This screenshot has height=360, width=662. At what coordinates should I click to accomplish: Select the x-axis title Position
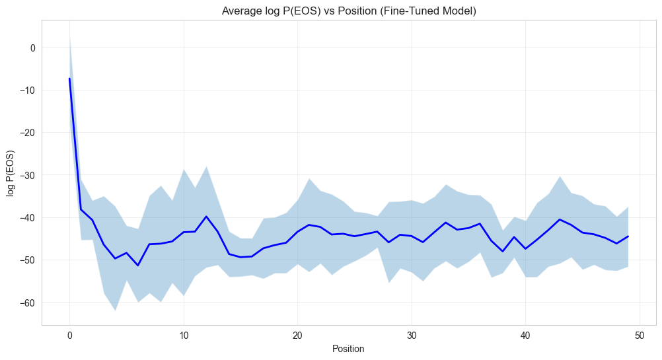tap(348, 348)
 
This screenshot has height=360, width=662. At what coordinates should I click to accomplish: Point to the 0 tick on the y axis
tap(32, 48)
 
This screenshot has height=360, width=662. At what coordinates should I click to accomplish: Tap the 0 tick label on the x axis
tap(69, 335)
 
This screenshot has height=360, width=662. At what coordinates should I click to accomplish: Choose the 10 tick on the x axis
tap(184, 335)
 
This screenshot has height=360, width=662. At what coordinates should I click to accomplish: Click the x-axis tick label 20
tap(297, 335)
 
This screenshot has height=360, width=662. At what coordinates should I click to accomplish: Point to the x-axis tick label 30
tap(412, 335)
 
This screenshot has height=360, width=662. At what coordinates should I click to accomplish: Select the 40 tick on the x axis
tap(525, 335)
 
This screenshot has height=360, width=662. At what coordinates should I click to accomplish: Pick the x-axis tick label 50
tap(639, 335)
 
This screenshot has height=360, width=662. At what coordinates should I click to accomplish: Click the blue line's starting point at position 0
tap(69, 79)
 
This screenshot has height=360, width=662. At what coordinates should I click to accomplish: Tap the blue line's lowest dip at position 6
tap(138, 266)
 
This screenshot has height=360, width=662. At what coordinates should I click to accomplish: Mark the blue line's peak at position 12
tap(206, 216)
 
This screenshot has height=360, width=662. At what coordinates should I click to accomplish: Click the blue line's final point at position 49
tap(628, 236)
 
